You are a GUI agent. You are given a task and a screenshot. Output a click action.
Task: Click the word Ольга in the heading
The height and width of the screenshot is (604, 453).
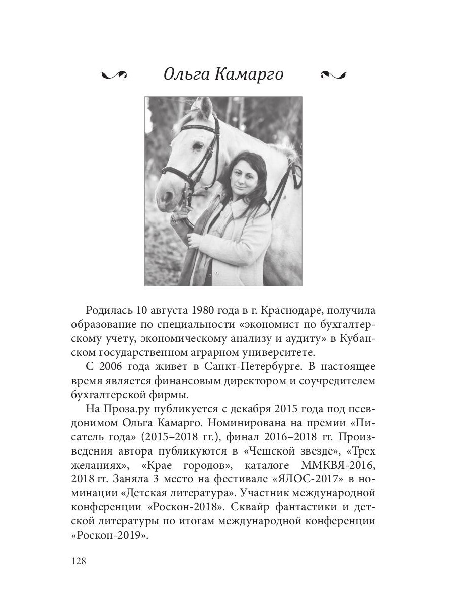pos(186,74)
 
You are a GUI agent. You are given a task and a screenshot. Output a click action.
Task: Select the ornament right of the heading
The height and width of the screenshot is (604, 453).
pos(333,75)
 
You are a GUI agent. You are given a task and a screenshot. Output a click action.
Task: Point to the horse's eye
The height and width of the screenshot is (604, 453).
pos(197,146)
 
